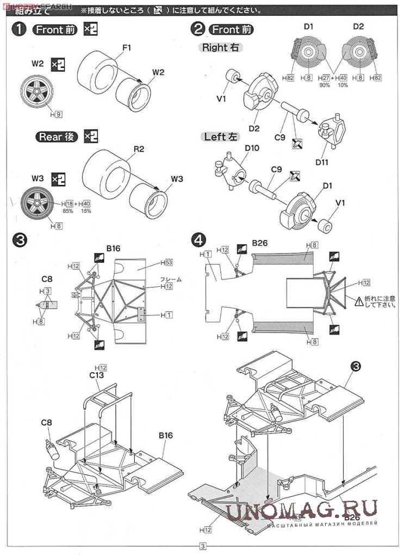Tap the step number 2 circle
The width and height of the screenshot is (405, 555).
[x=199, y=29]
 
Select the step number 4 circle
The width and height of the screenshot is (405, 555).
[x=200, y=239]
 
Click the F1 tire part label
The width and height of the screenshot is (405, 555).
[x=127, y=48]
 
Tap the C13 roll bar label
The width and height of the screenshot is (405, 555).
[x=97, y=375]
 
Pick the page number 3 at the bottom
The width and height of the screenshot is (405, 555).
[x=203, y=547]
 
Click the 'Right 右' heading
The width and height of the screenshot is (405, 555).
[x=221, y=48]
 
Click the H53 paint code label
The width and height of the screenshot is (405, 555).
[x=166, y=262]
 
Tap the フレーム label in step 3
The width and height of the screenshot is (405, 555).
[x=170, y=279]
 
